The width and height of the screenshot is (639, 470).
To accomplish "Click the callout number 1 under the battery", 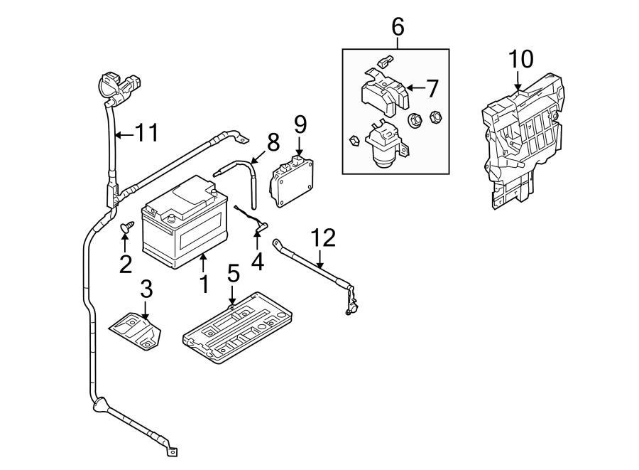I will click(204, 285).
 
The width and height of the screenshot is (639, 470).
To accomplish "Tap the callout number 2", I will click(126, 265).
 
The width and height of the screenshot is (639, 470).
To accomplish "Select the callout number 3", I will click(146, 290).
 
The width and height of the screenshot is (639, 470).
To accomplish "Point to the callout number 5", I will click(233, 274).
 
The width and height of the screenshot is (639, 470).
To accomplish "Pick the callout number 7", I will click(432, 89).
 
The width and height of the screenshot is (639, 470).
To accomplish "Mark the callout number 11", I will click(146, 132).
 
